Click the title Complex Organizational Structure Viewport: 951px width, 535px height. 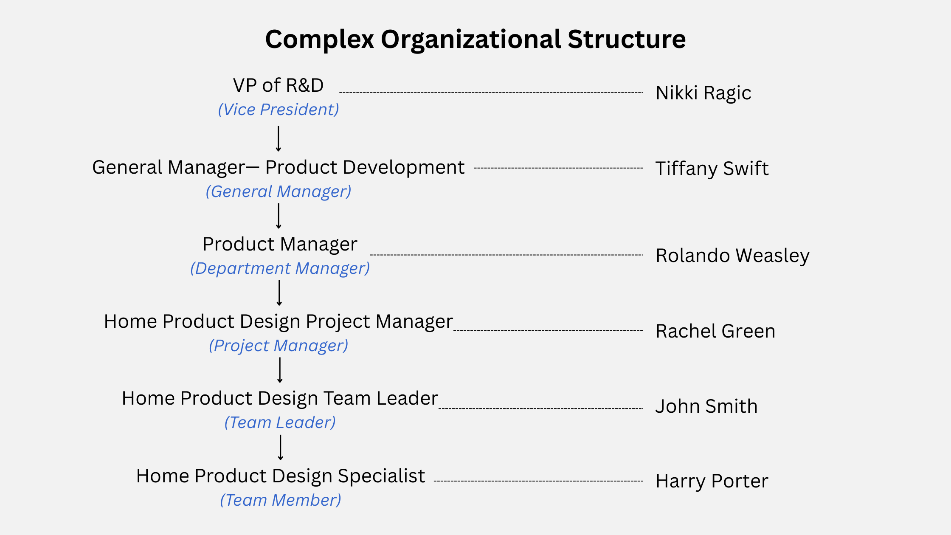(475, 39)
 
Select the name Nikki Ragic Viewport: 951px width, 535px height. (703, 93)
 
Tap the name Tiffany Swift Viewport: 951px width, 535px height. (712, 169)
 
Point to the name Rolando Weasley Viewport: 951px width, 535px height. (733, 256)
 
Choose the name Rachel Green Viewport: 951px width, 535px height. (715, 331)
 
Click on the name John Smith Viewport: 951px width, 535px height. (706, 406)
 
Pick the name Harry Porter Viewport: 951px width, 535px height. (712, 481)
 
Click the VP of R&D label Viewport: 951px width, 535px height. (278, 85)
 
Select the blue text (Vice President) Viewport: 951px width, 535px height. (279, 110)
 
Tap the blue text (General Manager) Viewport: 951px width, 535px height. (279, 191)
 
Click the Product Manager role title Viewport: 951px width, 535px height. (280, 244)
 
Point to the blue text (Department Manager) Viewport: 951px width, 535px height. (280, 268)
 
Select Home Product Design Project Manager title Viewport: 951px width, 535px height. (279, 322)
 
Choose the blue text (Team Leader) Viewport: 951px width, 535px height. (280, 422)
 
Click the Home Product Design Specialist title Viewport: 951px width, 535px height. (281, 476)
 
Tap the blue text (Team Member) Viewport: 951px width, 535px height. (281, 500)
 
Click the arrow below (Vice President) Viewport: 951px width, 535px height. (279, 139)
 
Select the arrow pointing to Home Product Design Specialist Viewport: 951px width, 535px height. (281, 448)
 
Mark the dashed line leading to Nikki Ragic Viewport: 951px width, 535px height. (491, 92)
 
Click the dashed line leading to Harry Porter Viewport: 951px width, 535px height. (538, 481)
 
